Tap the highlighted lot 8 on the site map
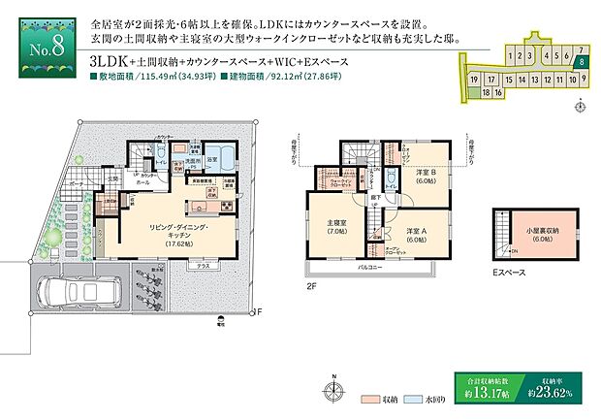point(580,60)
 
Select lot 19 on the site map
point(474,79)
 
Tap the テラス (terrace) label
point(204,265)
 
